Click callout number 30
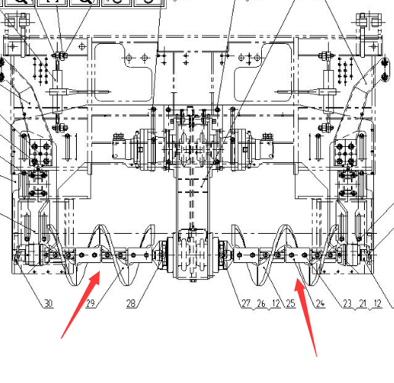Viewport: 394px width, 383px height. pyautogui.click(x=48, y=303)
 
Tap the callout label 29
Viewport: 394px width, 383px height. pyautogui.click(x=91, y=303)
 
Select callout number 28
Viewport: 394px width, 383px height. pyautogui.click(x=131, y=303)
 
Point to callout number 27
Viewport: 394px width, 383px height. pyautogui.click(x=246, y=303)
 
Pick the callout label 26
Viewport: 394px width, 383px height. pyautogui.click(x=261, y=303)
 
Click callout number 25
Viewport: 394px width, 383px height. pyautogui.click(x=290, y=303)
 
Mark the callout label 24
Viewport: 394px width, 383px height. pyautogui.click(x=320, y=303)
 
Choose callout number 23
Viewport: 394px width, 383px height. pyautogui.click(x=347, y=303)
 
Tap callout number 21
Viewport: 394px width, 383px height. pyautogui.click(x=363, y=303)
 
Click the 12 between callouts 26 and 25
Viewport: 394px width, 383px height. pyautogui.click(x=276, y=303)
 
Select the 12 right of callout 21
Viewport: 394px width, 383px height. pyautogui.click(x=377, y=303)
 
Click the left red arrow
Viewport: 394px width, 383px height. pyautogui.click(x=80, y=305)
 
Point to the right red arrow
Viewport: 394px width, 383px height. pyautogui.click(x=306, y=317)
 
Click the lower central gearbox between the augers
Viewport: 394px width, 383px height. pyautogui.click(x=193, y=255)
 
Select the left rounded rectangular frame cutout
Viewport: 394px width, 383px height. pyautogui.click(x=124, y=72)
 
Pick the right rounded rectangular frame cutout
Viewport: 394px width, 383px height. pyautogui.click(x=263, y=72)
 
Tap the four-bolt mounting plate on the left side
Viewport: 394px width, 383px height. pyautogui.click(x=41, y=153)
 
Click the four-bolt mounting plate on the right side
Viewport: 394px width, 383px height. pyautogui.click(x=346, y=153)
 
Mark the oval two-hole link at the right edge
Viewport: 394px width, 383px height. pyautogui.click(x=385, y=70)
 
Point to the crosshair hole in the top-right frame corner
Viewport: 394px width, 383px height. pyautogui.click(x=373, y=47)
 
